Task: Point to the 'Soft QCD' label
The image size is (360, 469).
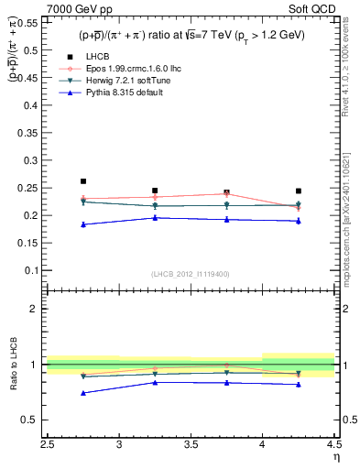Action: (x=315, y=9)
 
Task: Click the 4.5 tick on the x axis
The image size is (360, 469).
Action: (x=333, y=446)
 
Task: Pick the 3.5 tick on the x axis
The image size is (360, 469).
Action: (x=191, y=446)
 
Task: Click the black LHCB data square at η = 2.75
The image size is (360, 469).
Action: (x=83, y=181)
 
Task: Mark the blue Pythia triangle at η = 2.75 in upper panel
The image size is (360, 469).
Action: (x=83, y=224)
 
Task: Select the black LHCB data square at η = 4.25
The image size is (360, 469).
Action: (x=299, y=191)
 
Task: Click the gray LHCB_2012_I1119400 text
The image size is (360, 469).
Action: (x=191, y=274)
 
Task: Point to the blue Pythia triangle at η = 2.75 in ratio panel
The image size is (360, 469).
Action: (x=83, y=393)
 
